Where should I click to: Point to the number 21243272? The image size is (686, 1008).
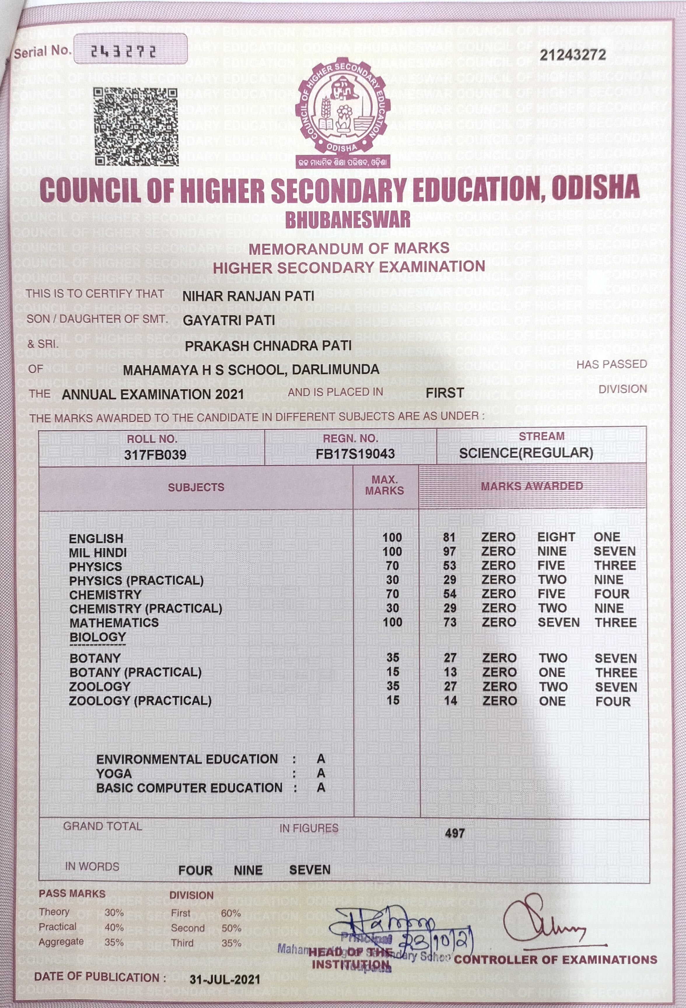[572, 55]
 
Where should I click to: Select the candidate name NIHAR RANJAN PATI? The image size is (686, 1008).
[248, 296]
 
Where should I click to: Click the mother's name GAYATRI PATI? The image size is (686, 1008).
[229, 321]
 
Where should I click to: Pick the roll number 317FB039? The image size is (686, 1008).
[155, 454]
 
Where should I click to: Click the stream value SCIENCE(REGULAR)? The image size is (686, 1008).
[526, 453]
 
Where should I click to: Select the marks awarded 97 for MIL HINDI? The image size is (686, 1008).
[449, 551]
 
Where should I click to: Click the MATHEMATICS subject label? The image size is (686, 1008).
[114, 622]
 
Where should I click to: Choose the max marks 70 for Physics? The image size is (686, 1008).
[392, 566]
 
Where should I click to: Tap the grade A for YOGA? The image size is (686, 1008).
[321, 773]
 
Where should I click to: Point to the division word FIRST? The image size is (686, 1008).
[444, 393]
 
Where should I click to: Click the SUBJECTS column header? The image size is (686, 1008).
[196, 487]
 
